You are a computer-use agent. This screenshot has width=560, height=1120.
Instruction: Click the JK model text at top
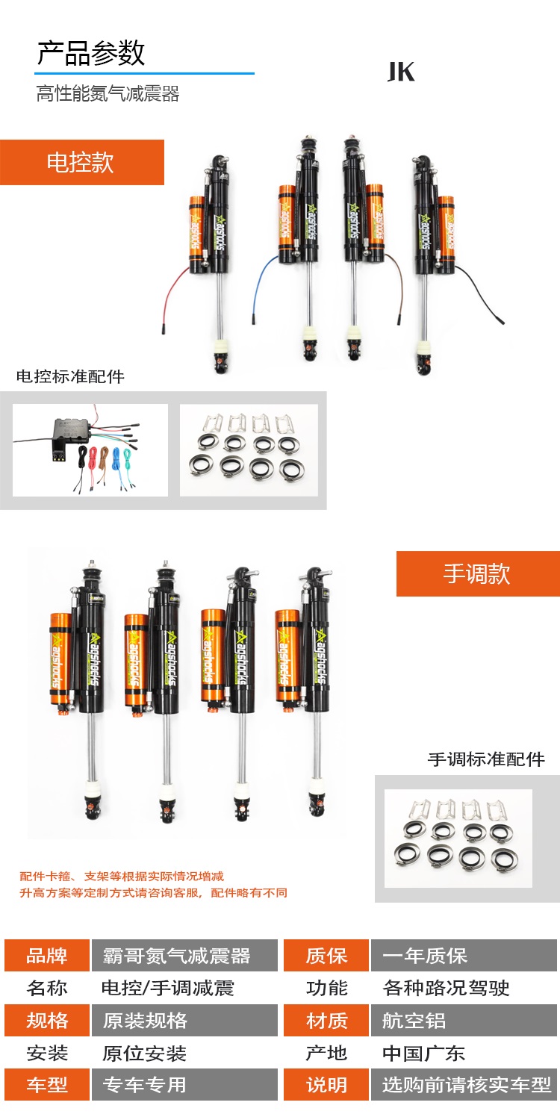(x=401, y=72)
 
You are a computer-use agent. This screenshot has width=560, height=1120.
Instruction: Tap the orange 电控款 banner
(x=82, y=163)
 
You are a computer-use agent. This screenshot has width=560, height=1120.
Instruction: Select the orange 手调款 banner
(x=478, y=573)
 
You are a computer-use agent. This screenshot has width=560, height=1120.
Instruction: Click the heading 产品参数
(x=91, y=54)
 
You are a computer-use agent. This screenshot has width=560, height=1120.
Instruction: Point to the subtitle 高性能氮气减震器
(x=108, y=94)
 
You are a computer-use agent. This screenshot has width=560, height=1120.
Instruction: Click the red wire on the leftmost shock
(x=170, y=295)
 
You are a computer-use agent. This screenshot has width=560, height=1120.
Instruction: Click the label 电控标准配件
(x=70, y=376)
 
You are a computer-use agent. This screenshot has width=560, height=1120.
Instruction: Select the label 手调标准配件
(x=486, y=759)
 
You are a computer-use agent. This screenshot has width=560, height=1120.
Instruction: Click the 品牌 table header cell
(x=47, y=956)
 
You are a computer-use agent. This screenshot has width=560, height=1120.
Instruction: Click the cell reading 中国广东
(x=423, y=1053)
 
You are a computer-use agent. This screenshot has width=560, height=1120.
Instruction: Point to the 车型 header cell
(x=47, y=1084)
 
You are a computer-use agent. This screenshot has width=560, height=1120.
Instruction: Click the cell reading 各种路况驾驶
(x=446, y=988)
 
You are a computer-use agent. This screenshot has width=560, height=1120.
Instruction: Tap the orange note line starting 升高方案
(x=154, y=892)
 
